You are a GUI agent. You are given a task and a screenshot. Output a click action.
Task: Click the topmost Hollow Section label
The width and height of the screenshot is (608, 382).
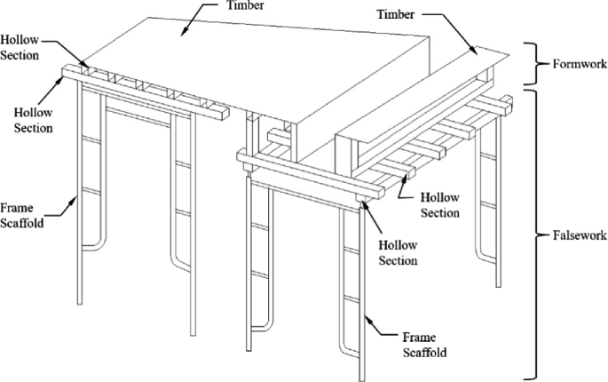(x=20, y=48)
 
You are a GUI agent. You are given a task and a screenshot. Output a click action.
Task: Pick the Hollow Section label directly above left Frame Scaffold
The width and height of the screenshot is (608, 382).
(x=34, y=121)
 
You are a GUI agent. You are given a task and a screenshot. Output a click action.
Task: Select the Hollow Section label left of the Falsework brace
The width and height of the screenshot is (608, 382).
(x=439, y=203)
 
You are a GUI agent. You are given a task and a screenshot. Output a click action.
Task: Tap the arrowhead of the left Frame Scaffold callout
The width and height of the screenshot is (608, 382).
(x=77, y=201)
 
